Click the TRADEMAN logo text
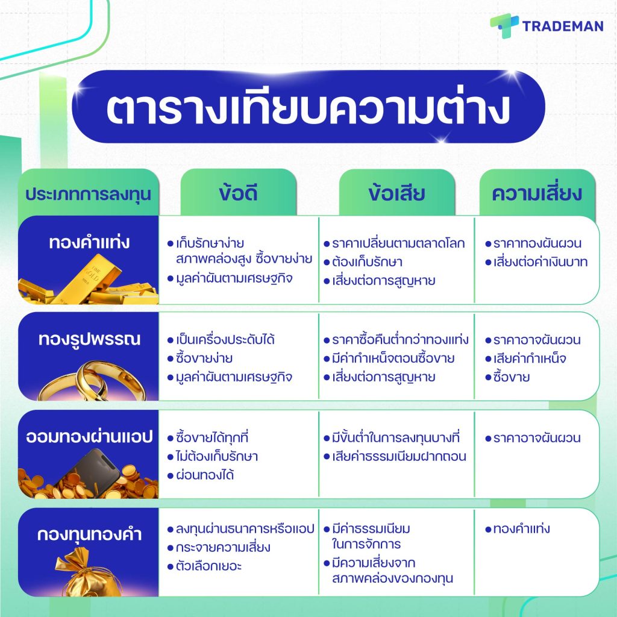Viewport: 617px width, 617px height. [x=563, y=26]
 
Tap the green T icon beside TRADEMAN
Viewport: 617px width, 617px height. [x=504, y=25]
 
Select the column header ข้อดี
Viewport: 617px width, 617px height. [x=238, y=193]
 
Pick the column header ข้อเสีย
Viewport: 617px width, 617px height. [x=396, y=193]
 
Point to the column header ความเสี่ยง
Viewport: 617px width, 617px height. [x=537, y=193]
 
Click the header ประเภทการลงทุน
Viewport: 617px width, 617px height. [x=88, y=195]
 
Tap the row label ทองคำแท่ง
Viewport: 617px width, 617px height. [x=89, y=242]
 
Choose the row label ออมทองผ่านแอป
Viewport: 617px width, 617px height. [x=89, y=437]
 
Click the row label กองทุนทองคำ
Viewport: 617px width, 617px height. [x=89, y=534]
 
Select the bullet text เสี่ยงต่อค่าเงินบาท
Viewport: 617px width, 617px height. [x=540, y=262]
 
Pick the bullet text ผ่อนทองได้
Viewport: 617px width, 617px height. [x=205, y=475]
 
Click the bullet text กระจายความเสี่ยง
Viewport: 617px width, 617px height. [x=223, y=547]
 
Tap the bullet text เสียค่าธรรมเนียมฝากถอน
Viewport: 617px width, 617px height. [x=399, y=457]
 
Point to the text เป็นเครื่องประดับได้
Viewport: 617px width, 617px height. [x=225, y=340]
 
